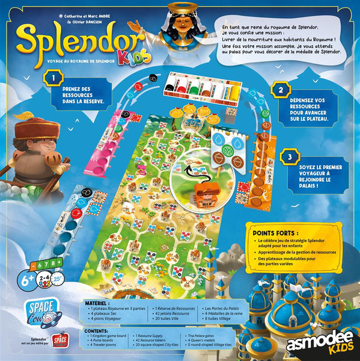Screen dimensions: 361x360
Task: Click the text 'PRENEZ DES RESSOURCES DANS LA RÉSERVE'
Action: pos(83,96)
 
